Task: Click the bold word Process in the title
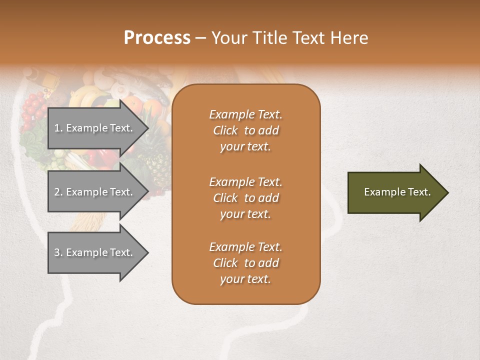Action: click(x=157, y=38)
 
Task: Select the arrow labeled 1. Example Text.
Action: click(x=95, y=128)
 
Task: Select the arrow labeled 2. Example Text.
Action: click(x=95, y=192)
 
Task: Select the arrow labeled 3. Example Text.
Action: click(x=95, y=252)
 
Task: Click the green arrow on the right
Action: click(x=395, y=192)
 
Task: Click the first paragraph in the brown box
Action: click(x=245, y=130)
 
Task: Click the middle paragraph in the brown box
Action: click(x=245, y=198)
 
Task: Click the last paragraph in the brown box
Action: click(x=245, y=263)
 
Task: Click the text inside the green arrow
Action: click(x=397, y=192)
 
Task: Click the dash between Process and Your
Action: click(x=200, y=38)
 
